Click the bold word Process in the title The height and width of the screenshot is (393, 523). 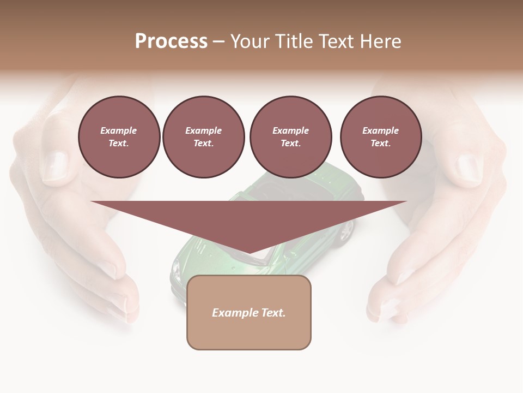(x=171, y=41)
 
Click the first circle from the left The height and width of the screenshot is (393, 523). (x=119, y=137)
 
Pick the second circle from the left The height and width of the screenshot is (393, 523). (x=204, y=137)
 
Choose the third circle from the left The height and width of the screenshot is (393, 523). (x=291, y=137)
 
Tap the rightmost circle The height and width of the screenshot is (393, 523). (x=381, y=137)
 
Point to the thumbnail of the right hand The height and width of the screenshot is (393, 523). (x=469, y=166)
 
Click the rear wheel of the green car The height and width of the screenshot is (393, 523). (x=345, y=231)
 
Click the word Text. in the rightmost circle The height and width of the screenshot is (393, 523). (x=381, y=144)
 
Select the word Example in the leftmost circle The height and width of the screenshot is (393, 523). (x=119, y=131)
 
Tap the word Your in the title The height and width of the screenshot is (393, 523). (x=250, y=41)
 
